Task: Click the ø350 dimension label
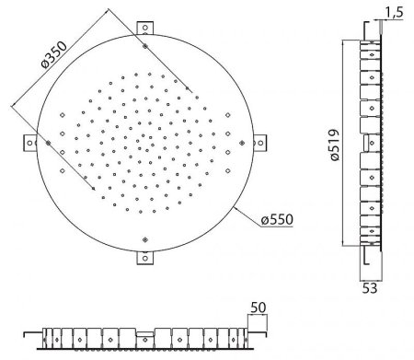point(54,54)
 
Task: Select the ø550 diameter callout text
point(277,219)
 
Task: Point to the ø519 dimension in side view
point(335,145)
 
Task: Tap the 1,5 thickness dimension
point(394,13)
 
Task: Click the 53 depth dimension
point(370,288)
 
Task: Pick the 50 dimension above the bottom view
point(259,308)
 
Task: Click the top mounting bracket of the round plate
point(145,29)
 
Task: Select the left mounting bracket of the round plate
point(30,143)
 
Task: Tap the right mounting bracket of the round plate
point(259,143)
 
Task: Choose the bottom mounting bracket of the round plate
point(145,258)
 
